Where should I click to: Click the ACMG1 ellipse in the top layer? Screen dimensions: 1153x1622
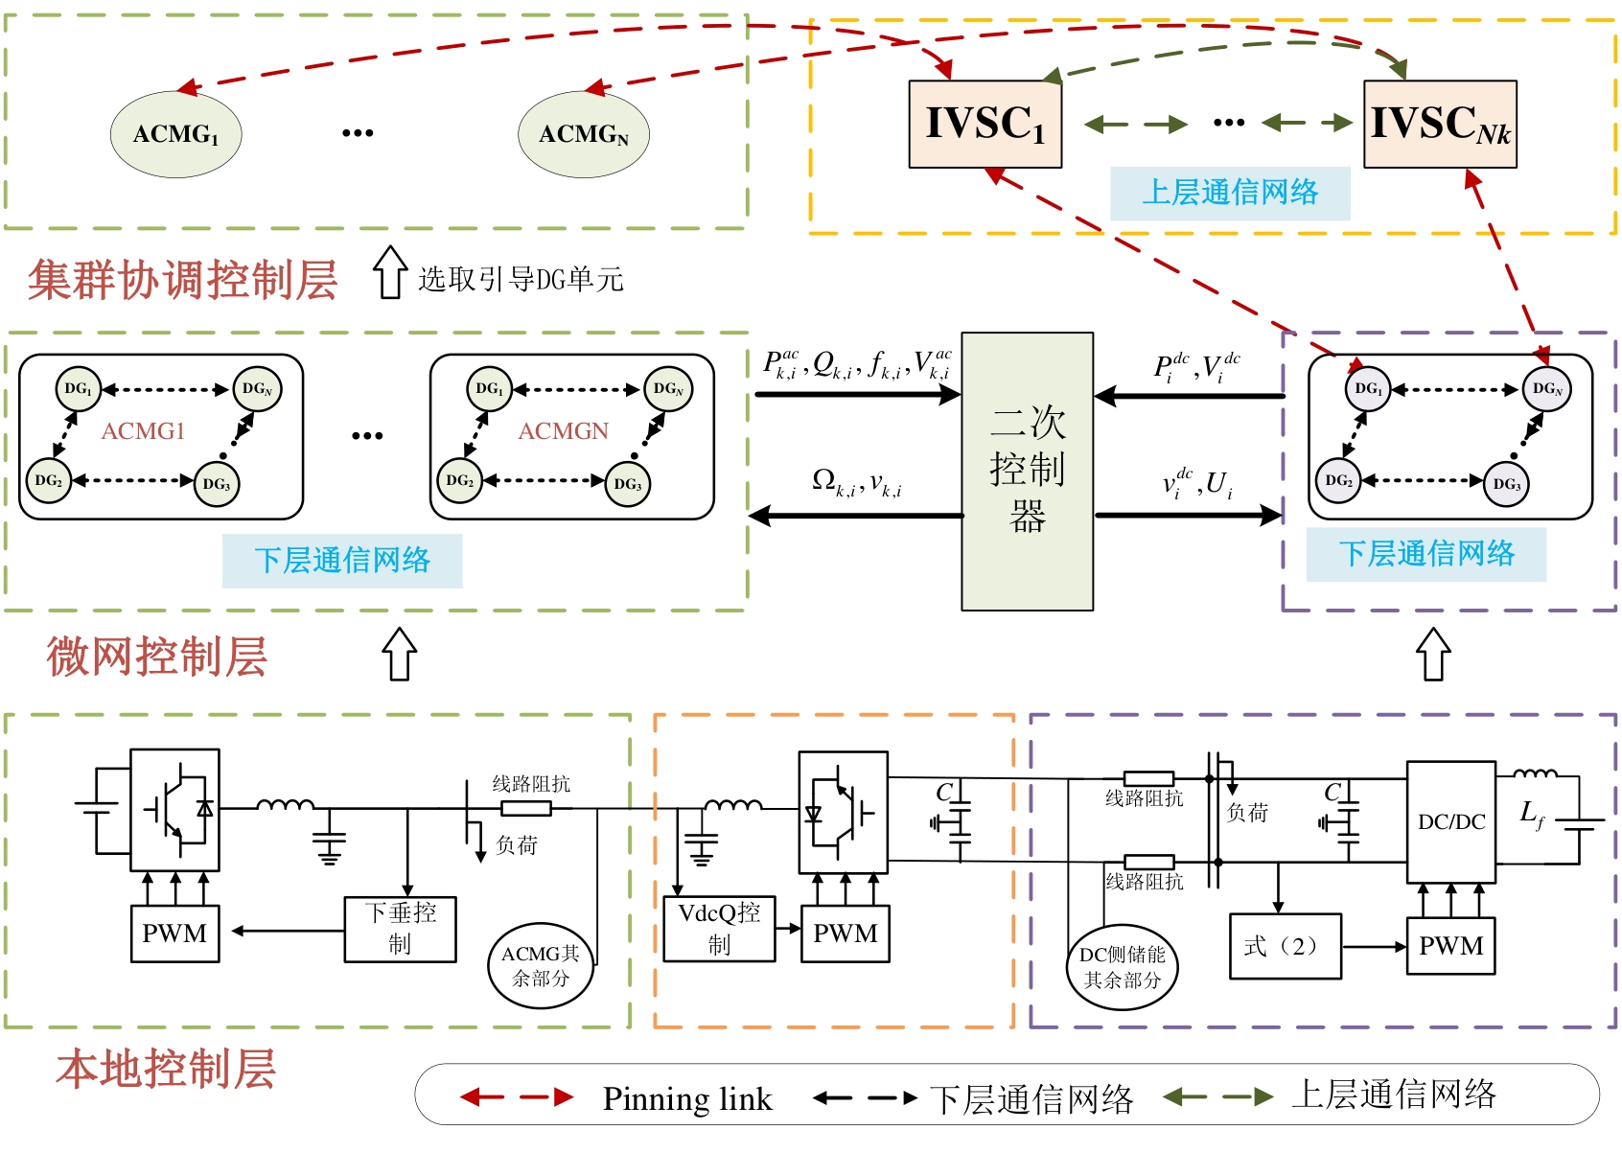pyautogui.click(x=175, y=134)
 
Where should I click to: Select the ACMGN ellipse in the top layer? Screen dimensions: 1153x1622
pyautogui.click(x=584, y=134)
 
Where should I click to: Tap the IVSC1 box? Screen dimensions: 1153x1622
pyautogui.click(x=985, y=125)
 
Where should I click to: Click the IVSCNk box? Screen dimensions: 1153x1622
pyautogui.click(x=1440, y=125)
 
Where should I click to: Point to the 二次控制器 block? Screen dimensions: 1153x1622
pyautogui.click(x=1028, y=471)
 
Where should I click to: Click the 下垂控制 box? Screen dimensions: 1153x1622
pyautogui.click(x=400, y=929)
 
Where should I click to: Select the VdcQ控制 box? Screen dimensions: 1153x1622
pyautogui.click(x=719, y=929)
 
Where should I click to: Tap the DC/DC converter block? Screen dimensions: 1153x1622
pyautogui.click(x=1450, y=821)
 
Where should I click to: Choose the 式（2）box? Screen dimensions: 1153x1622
pyautogui.click(x=1285, y=946)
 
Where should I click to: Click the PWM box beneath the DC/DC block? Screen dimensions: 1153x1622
pyautogui.click(x=1450, y=946)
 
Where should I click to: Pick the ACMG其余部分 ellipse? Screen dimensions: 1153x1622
pyautogui.click(x=541, y=965)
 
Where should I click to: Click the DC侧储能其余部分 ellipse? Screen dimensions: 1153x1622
pyautogui.click(x=1122, y=967)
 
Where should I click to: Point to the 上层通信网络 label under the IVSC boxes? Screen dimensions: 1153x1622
pyautogui.click(x=1230, y=193)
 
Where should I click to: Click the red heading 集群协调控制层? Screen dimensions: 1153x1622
pyautogui.click(x=182, y=281)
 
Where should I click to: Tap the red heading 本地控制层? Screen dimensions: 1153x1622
pyautogui.click(x=165, y=1069)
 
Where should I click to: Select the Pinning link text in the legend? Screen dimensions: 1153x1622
pyautogui.click(x=686, y=1098)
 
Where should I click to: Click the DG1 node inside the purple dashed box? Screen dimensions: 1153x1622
pyautogui.click(x=1368, y=389)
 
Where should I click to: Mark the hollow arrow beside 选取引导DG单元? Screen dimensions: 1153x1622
pyautogui.click(x=389, y=273)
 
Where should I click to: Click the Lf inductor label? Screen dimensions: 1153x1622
pyautogui.click(x=1532, y=815)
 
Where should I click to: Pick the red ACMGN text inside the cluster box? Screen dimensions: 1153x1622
pyautogui.click(x=563, y=431)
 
